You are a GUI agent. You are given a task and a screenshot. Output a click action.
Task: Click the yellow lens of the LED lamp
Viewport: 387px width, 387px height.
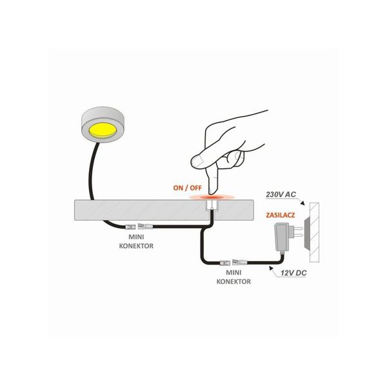(103, 130)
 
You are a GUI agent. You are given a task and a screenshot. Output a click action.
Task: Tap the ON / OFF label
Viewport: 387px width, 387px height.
(187, 188)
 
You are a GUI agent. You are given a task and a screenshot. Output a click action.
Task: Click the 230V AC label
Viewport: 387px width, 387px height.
(281, 195)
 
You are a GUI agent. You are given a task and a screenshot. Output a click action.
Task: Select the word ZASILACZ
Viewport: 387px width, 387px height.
(281, 215)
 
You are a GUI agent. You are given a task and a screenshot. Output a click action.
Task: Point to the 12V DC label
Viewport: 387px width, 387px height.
(293, 273)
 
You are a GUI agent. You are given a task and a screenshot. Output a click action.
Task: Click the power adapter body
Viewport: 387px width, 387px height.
(282, 237)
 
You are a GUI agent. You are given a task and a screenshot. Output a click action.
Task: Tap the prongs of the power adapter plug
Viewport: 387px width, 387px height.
(297, 232)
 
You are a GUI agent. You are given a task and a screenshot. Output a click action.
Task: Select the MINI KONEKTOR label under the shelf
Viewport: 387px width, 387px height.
(136, 241)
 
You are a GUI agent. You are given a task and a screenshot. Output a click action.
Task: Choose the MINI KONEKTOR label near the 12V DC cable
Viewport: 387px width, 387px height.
(233, 277)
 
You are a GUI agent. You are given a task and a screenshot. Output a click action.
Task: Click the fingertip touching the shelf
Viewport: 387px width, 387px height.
(212, 192)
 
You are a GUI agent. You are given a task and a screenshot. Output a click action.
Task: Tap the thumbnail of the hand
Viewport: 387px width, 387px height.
(197, 162)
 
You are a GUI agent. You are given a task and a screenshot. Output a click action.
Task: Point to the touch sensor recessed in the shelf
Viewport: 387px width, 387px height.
(212, 204)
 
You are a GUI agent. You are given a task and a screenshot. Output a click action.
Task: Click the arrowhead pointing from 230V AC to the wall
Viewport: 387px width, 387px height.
(303, 203)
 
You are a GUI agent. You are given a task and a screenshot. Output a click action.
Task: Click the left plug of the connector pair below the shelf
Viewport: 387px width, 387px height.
(130, 227)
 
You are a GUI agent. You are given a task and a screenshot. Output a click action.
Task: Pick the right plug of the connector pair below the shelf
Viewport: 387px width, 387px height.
(145, 226)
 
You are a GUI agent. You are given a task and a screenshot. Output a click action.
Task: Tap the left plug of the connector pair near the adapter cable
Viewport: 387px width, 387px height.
(224, 263)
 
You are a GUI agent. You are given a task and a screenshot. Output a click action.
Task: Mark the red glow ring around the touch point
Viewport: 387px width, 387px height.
(212, 197)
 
